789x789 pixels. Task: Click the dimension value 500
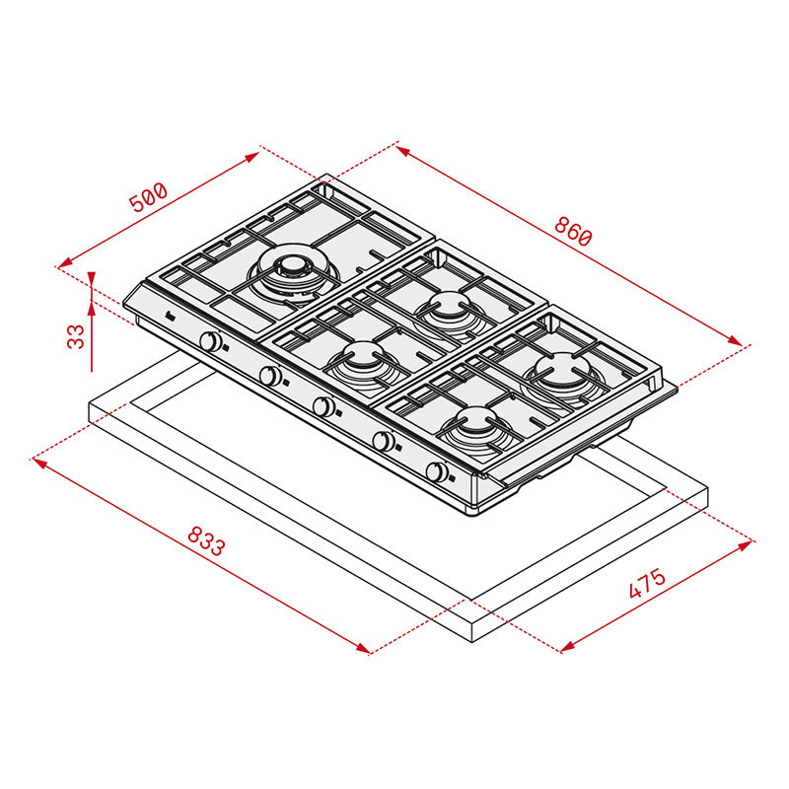tap(147, 197)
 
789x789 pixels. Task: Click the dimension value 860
tap(573, 232)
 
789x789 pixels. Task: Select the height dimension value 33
tap(76, 336)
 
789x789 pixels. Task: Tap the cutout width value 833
tap(206, 540)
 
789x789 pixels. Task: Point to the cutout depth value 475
tap(647, 583)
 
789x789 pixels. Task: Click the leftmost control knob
tap(211, 341)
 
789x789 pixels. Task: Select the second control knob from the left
tap(270, 376)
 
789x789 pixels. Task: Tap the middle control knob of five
tap(324, 405)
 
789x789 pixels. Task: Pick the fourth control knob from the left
tap(384, 441)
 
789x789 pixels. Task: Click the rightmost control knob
tap(437, 472)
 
